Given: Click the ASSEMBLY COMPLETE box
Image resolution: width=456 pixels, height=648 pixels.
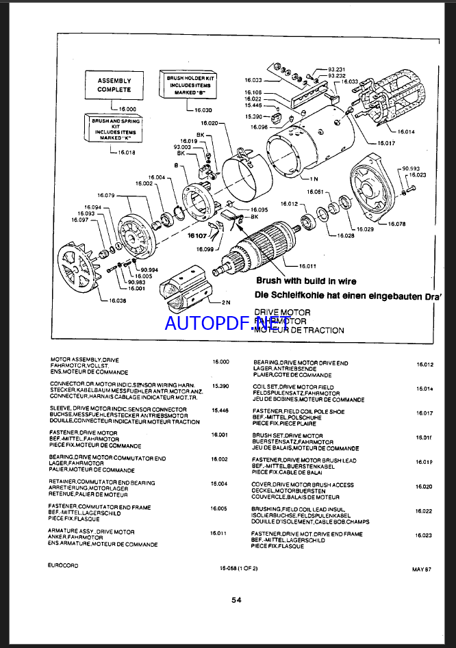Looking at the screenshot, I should [114, 85].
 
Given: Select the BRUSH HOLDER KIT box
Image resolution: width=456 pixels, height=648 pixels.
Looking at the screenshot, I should [187, 84].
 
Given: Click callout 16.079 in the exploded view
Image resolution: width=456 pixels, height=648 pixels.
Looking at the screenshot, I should [107, 194].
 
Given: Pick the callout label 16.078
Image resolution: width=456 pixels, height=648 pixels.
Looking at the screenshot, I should [396, 224].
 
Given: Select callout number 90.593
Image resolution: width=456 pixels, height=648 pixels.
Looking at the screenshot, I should [411, 168].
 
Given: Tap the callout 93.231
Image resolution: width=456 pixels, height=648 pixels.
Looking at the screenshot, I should [335, 69].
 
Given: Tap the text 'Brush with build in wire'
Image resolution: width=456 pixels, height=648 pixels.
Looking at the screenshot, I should [306, 281].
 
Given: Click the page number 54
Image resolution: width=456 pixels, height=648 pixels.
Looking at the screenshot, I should [236, 600].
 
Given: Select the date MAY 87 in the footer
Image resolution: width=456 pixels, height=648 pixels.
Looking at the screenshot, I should [421, 569].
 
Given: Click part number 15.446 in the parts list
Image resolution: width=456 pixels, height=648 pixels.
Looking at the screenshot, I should [220, 410].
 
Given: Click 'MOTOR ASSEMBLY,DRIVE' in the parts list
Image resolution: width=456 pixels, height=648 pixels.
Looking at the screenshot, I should [85, 360].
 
